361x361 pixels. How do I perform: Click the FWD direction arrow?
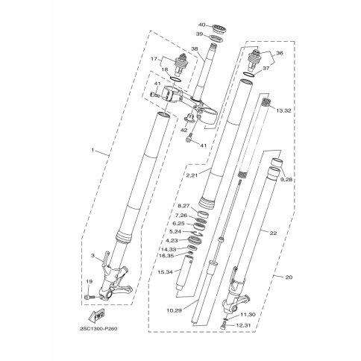pyautogui.click(x=96, y=316)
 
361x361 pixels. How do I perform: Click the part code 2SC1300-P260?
pyautogui.click(x=98, y=329)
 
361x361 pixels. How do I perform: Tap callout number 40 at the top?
pyautogui.click(x=202, y=25)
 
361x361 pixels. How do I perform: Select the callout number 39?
pyautogui.click(x=200, y=34)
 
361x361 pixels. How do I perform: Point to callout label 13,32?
pyautogui.click(x=283, y=110)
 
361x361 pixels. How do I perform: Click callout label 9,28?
pyautogui.click(x=286, y=180)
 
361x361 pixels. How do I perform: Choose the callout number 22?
pyautogui.click(x=273, y=233)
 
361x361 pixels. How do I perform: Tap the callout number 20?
pyautogui.click(x=289, y=277)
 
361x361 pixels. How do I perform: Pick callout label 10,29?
pyautogui.click(x=175, y=310)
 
